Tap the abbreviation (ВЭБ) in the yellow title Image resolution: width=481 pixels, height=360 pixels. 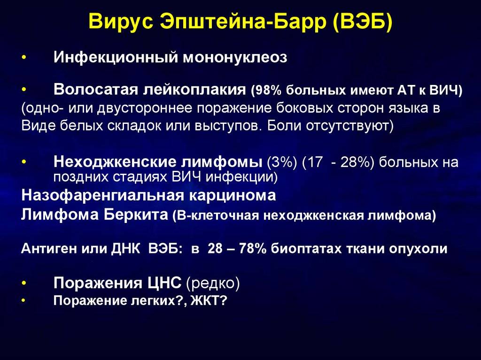[362, 22]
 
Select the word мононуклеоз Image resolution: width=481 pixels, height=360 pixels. [235, 57]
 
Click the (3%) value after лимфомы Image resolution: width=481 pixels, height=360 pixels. [282, 162]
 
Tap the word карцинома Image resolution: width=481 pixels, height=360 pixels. [232, 196]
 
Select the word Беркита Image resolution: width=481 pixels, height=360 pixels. [136, 214]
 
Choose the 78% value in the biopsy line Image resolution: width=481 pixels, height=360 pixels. [253, 248]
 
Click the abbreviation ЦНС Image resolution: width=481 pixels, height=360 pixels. [164, 283]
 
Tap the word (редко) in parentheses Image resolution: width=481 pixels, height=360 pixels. [213, 283]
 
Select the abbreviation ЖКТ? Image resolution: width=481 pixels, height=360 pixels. [209, 300]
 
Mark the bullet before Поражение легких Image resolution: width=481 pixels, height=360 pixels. [23, 300]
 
